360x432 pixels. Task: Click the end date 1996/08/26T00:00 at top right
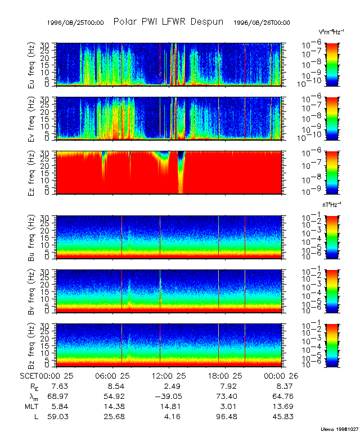click(x=262, y=23)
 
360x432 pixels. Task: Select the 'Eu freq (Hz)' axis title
click(x=33, y=64)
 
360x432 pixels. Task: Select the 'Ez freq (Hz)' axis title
click(x=33, y=172)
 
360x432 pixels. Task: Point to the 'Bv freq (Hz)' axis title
click(x=33, y=290)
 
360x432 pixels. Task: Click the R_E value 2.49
click(x=172, y=386)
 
